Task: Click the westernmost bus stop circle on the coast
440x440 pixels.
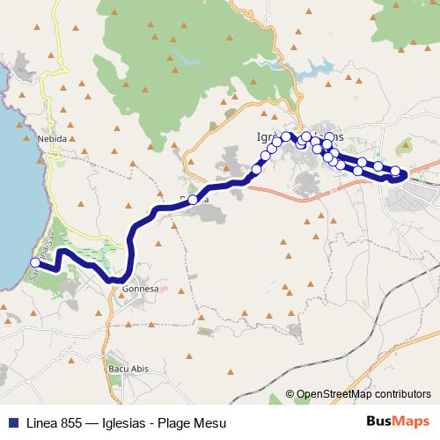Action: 36,262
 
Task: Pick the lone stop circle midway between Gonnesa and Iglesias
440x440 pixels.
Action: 193,200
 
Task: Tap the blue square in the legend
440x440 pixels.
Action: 9,423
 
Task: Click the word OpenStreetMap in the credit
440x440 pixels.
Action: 332,394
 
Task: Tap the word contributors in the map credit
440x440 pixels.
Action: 400,394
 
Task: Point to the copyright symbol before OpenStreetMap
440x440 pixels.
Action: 290,394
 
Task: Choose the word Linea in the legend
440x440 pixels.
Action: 37,423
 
